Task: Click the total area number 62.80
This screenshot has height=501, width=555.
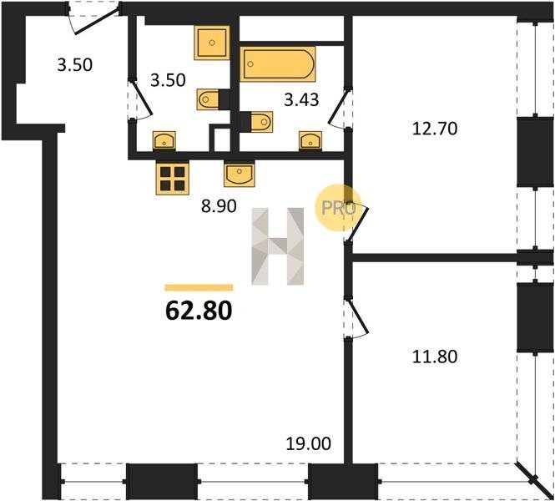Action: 199,311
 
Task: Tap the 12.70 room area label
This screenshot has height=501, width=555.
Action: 435,129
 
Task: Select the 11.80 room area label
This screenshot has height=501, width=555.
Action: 435,357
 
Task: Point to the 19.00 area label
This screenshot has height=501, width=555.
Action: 309,443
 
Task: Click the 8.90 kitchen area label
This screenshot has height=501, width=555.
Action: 219,206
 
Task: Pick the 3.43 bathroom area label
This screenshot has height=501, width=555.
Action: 301,100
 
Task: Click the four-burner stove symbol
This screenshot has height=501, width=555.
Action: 173,178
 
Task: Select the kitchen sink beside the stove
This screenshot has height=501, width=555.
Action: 240,174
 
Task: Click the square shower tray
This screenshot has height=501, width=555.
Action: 212,43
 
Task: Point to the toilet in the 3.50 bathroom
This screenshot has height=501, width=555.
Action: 213,99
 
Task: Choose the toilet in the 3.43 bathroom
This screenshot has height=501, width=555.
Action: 256,122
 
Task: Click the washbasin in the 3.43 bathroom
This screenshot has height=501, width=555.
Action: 310,140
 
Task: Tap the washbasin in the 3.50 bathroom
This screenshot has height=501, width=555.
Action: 164,140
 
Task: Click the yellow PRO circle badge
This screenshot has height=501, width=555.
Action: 338,208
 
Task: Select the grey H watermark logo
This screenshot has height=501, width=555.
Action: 277,246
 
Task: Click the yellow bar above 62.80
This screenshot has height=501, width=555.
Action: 199,287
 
